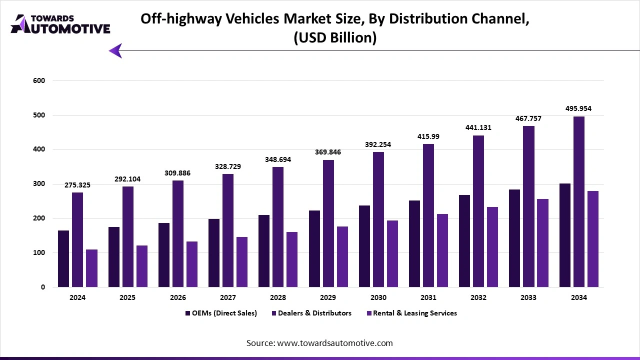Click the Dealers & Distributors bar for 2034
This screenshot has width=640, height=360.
click(x=579, y=202)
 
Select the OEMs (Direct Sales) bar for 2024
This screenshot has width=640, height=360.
click(x=63, y=259)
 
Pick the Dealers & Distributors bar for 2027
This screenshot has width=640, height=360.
click(x=228, y=230)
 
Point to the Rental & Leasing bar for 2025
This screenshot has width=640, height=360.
click(x=141, y=266)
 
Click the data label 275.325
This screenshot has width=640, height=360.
click(x=77, y=185)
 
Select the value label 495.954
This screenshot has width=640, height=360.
click(x=579, y=108)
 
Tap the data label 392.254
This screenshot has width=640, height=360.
click(x=378, y=144)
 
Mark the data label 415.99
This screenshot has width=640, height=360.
click(x=428, y=136)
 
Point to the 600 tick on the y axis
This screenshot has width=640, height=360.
click(x=39, y=80)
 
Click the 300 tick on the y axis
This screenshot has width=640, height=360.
click(x=39, y=184)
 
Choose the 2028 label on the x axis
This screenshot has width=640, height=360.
click(x=278, y=297)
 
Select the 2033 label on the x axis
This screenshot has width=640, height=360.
click(x=528, y=297)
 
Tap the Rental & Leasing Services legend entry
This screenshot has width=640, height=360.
click(x=411, y=313)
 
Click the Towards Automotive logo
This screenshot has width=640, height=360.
click(x=60, y=24)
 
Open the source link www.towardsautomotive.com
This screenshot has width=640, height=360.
click(x=334, y=343)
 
